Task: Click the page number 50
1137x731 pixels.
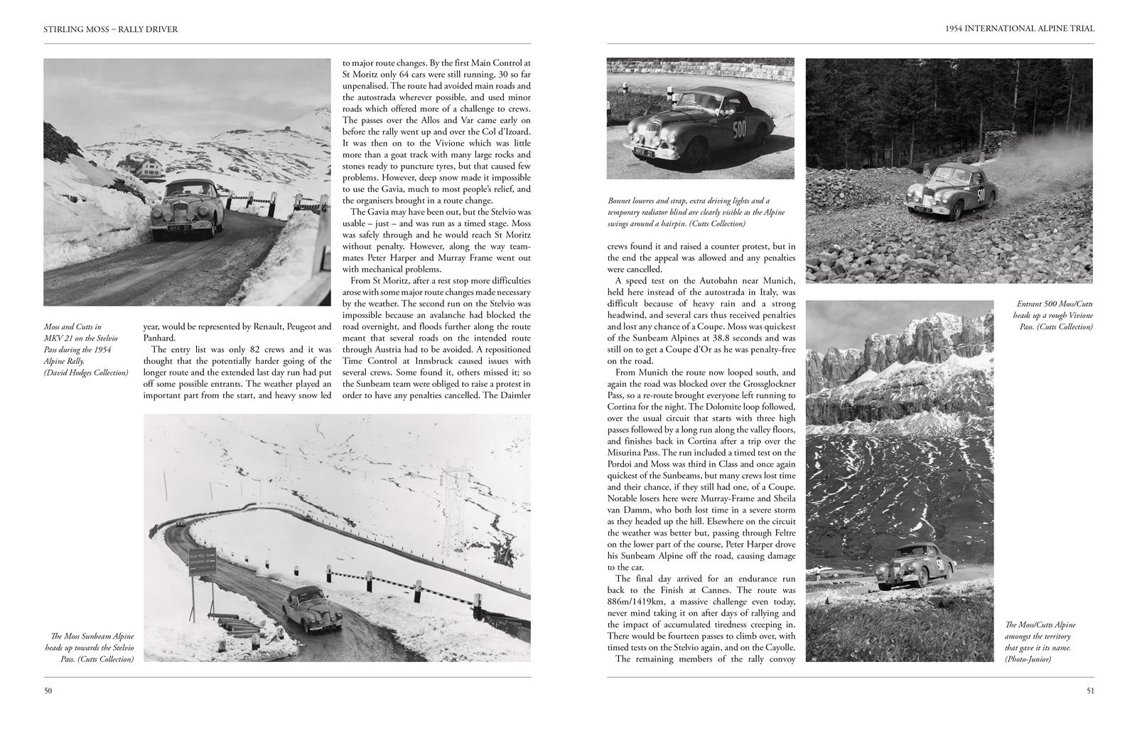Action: coord(48,690)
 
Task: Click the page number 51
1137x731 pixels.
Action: coord(1089,690)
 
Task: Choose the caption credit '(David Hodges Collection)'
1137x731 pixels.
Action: coord(86,373)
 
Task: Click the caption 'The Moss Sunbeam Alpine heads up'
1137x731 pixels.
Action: coord(89,647)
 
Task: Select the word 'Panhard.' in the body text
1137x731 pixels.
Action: coord(163,338)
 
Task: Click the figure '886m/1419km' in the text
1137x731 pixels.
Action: coord(632,602)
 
